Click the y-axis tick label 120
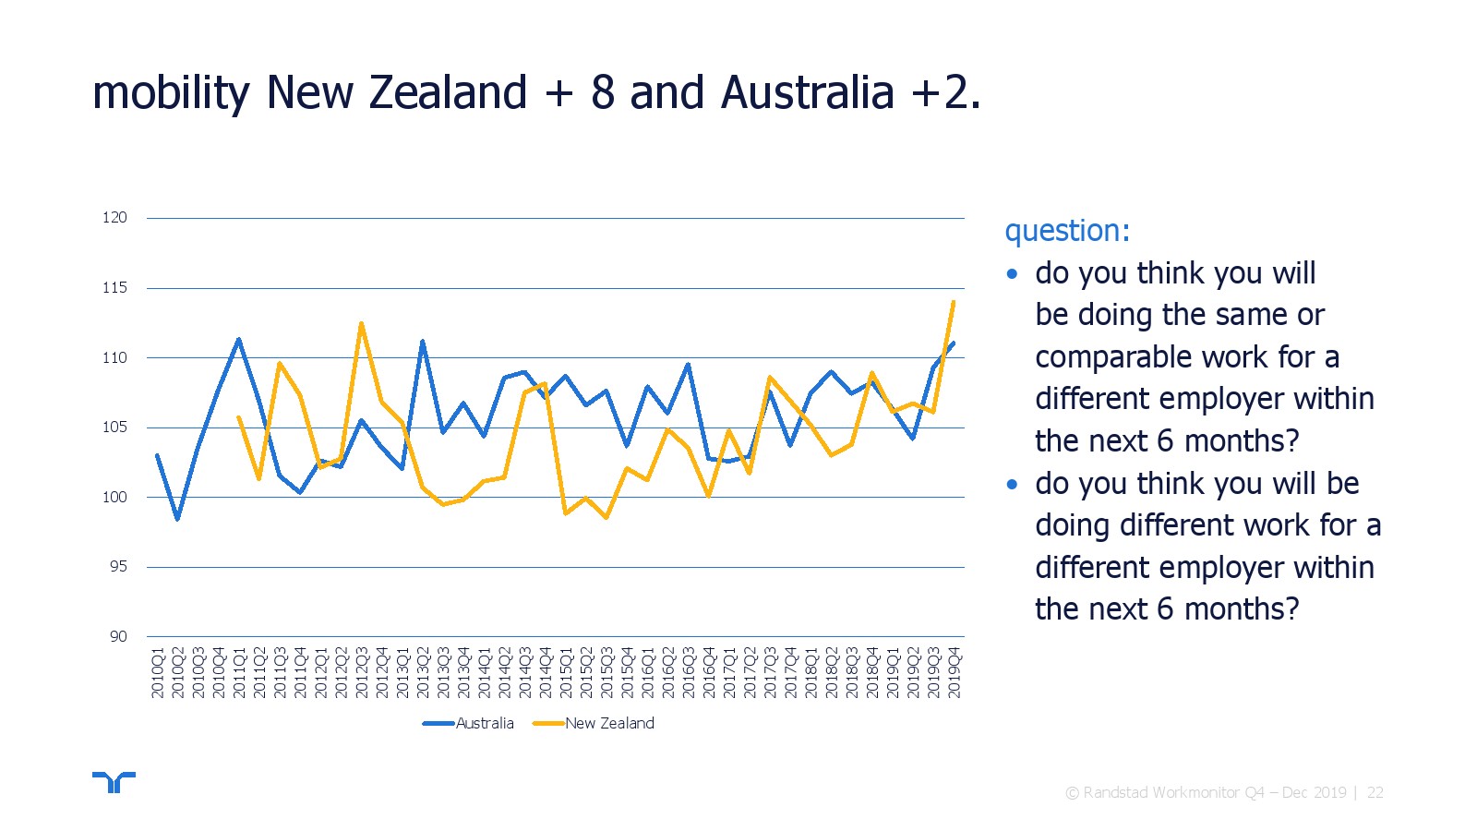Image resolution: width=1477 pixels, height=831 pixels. pyautogui.click(x=114, y=218)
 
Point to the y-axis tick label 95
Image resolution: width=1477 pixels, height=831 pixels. pyautogui.click(x=119, y=567)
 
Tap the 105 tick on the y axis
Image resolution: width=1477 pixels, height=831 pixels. pyautogui.click(x=114, y=428)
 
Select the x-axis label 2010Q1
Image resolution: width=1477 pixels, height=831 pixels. pyautogui.click(x=158, y=673)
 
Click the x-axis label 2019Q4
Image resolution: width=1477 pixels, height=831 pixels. pyautogui.click(x=955, y=673)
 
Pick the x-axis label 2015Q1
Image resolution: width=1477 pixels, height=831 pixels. pyautogui.click(x=566, y=673)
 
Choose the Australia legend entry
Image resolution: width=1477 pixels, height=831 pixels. pyautogui.click(x=468, y=724)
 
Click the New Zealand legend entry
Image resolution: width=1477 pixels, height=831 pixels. pyautogui.click(x=594, y=724)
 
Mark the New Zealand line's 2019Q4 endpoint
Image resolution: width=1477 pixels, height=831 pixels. pyautogui.click(x=954, y=301)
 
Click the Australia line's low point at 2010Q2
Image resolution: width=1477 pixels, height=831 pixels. pyautogui.click(x=177, y=519)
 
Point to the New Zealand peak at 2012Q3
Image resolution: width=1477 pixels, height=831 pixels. pyautogui.click(x=361, y=323)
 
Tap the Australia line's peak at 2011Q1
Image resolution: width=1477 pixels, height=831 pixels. pyautogui.click(x=239, y=339)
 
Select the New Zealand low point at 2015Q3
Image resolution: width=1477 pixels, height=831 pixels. pyautogui.click(x=606, y=518)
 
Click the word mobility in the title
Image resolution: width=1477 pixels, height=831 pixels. pyautogui.click(x=172, y=93)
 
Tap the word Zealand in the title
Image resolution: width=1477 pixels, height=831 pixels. pyautogui.click(x=449, y=91)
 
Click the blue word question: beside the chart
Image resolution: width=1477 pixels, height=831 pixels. pyautogui.click(x=1067, y=232)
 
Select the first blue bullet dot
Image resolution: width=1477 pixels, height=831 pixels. pyautogui.click(x=1013, y=274)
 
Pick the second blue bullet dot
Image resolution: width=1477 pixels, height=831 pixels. pyautogui.click(x=1013, y=485)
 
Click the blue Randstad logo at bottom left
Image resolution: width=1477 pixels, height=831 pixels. pyautogui.click(x=114, y=782)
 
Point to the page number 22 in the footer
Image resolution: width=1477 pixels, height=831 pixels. pyautogui.click(x=1375, y=793)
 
